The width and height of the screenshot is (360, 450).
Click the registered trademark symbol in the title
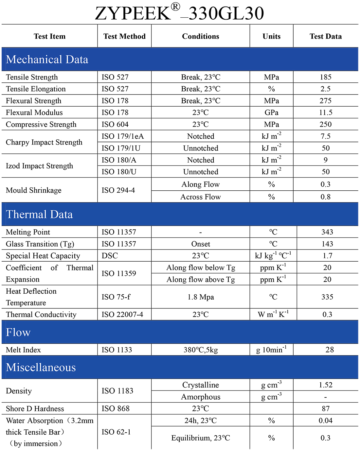[x=175, y=7]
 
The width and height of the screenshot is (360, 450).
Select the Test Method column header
[x=124, y=36]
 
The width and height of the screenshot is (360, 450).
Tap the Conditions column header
[x=201, y=36]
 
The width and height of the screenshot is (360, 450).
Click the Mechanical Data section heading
[x=47, y=60]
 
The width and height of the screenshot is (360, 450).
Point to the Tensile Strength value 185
[x=326, y=77]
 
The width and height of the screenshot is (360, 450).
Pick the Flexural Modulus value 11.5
[x=326, y=113]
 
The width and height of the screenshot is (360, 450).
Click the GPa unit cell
[x=271, y=113]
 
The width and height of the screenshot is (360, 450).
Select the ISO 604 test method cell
[x=115, y=124]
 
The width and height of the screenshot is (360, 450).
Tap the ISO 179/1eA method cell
[x=122, y=136]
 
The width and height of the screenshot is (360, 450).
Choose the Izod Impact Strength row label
[x=39, y=166]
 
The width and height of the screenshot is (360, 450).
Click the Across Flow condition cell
[x=201, y=197]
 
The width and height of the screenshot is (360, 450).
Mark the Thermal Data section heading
[x=39, y=215]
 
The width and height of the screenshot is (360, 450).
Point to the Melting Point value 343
[x=327, y=232]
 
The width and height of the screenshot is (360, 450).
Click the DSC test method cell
[x=110, y=256]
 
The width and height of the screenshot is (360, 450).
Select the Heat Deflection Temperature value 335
[x=327, y=297]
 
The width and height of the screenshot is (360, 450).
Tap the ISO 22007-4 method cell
[x=122, y=315]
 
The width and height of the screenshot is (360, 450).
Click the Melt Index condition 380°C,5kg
[x=201, y=350]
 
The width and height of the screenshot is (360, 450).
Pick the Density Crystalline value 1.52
[x=326, y=385]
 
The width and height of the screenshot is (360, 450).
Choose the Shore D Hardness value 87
[x=326, y=409]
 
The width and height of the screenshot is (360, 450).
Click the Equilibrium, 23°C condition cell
[x=201, y=438]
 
